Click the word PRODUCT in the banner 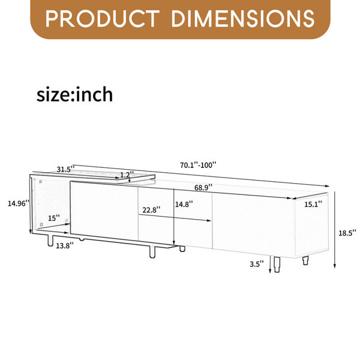[102, 19]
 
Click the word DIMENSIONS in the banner [242, 19]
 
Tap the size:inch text [74, 94]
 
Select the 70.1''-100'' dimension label [198, 165]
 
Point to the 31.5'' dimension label [65, 169]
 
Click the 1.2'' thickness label [127, 175]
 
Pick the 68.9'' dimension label [203, 187]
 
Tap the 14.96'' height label [19, 203]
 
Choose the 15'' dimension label [54, 218]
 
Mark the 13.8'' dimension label [65, 245]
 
